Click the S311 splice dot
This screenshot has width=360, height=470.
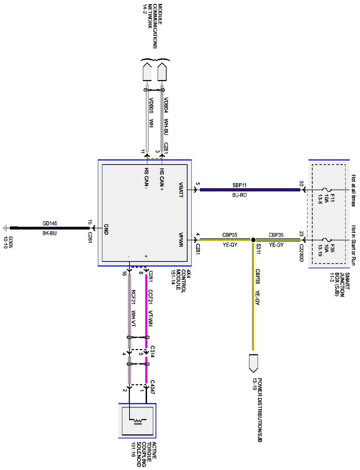click(253, 240)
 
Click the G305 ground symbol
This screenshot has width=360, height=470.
click(5, 227)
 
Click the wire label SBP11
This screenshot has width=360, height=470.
click(240, 185)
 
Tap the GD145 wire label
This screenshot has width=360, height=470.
click(50, 223)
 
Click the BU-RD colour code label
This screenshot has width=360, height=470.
click(240, 195)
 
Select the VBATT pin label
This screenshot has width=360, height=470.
click(181, 190)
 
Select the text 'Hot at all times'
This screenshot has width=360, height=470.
click(353, 191)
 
